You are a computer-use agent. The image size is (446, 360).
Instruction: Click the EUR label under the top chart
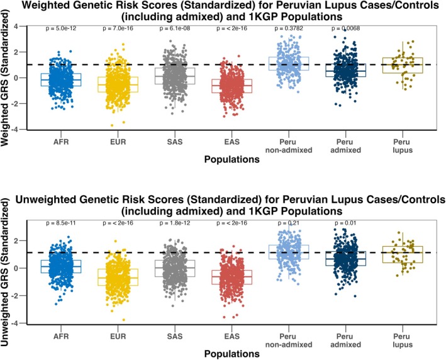pos(114,140)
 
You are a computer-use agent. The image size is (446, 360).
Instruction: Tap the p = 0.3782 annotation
pos(287,29)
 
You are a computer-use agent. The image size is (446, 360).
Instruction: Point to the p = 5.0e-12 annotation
pos(60,29)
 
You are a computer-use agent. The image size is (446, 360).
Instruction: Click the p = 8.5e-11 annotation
pos(60,224)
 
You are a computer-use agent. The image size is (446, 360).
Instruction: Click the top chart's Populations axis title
pos(231,160)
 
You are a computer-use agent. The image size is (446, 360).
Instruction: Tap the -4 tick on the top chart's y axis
pos(22,129)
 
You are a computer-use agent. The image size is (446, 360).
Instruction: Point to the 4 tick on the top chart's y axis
pos(23,26)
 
